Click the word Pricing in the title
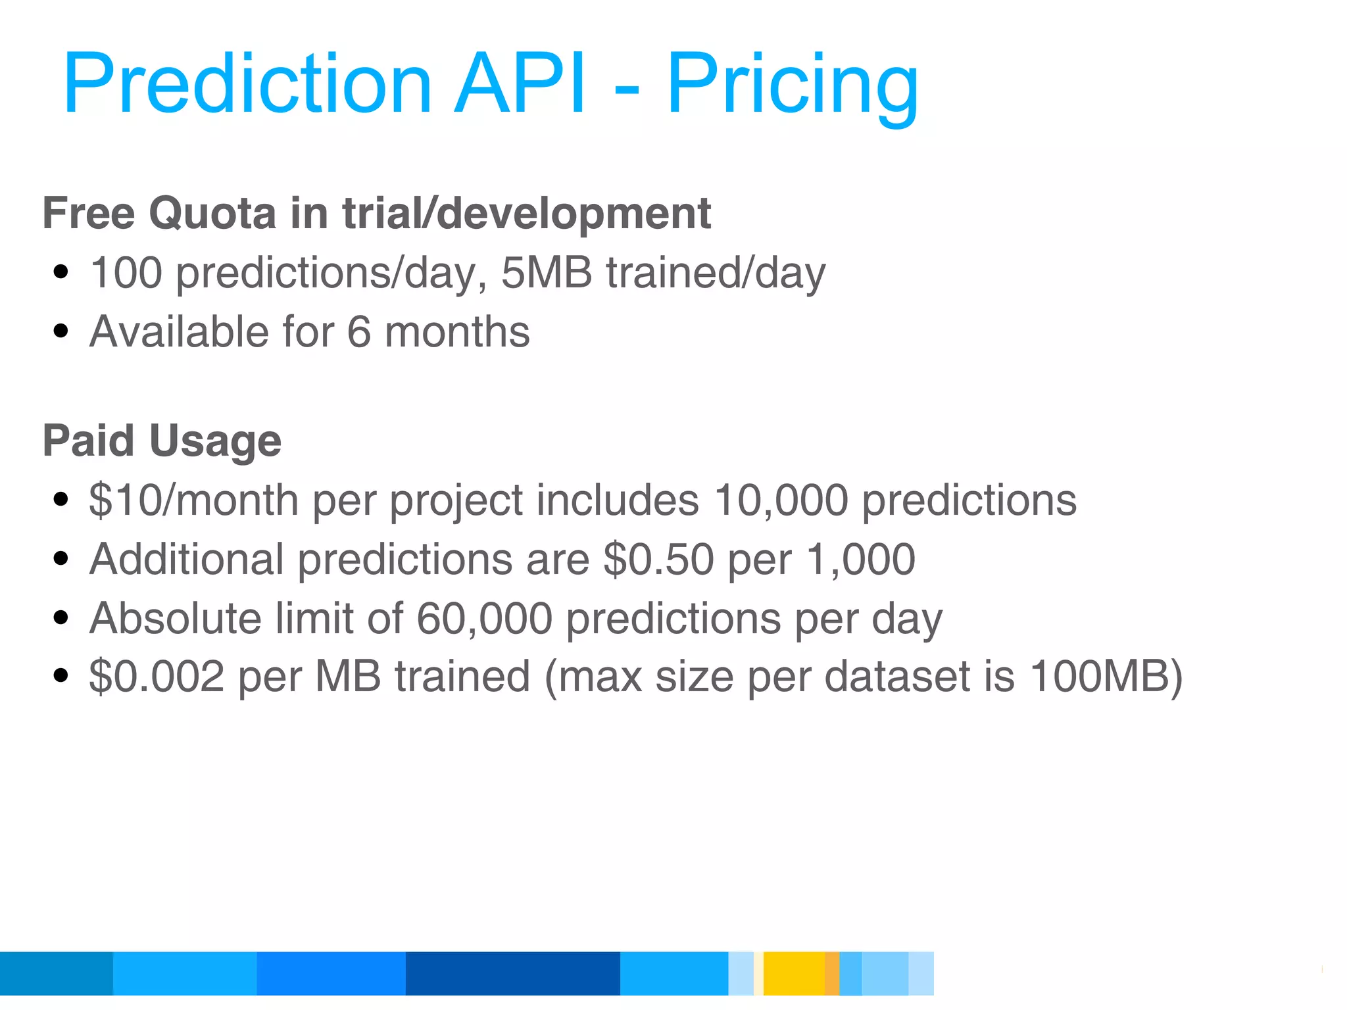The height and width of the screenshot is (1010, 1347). (x=792, y=85)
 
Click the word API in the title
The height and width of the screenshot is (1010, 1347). (x=520, y=85)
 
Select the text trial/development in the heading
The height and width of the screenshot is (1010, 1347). (x=526, y=214)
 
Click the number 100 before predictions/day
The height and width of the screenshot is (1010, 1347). (x=126, y=272)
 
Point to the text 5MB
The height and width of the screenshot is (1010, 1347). (x=546, y=272)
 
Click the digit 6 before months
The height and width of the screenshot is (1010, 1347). (x=358, y=331)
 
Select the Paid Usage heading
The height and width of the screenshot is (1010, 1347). (x=162, y=441)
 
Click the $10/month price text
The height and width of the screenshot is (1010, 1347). (x=193, y=500)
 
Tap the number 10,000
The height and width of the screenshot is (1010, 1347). (x=781, y=500)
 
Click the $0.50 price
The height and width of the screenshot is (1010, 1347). (x=658, y=559)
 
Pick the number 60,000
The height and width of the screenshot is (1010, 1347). (x=484, y=618)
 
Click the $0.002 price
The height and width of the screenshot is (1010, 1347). (x=157, y=677)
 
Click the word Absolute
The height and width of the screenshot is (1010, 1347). (x=176, y=618)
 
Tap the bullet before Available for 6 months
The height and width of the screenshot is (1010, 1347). (x=61, y=331)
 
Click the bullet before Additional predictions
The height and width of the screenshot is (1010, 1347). (x=61, y=559)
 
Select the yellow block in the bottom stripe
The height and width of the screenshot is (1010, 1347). (x=793, y=973)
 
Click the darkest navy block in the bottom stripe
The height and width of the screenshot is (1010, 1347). (x=512, y=973)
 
